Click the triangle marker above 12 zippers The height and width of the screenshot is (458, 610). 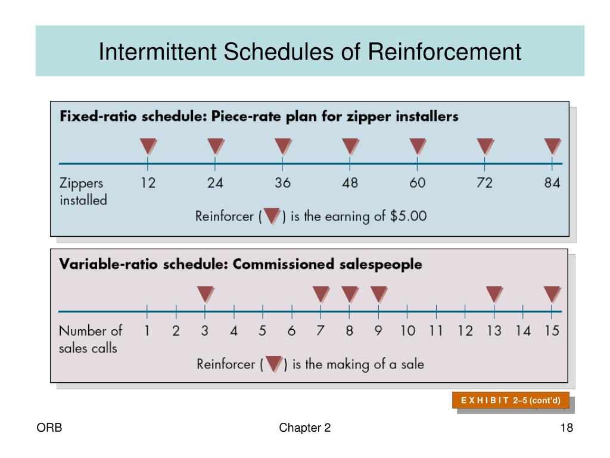pyautogui.click(x=148, y=147)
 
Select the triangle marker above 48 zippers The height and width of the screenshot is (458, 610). pyautogui.click(x=350, y=147)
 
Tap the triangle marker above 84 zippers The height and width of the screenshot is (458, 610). pyautogui.click(x=552, y=147)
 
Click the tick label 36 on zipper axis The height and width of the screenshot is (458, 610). pyautogui.click(x=283, y=182)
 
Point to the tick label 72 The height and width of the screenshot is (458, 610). pyautogui.click(x=485, y=182)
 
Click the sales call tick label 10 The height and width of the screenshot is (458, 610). pyautogui.click(x=407, y=330)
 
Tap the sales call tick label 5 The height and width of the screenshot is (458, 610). pyautogui.click(x=263, y=330)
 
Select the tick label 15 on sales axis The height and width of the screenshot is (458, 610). pyautogui.click(x=552, y=330)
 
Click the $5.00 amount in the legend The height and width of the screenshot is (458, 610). pyautogui.click(x=409, y=216)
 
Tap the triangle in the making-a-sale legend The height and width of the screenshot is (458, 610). pyautogui.click(x=273, y=364)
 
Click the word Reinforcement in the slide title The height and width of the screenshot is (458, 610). pyautogui.click(x=444, y=51)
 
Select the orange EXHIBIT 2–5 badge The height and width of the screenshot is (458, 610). pyautogui.click(x=511, y=400)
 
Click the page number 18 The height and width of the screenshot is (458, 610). pyautogui.click(x=567, y=428)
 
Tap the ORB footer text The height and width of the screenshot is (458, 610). pyautogui.click(x=49, y=428)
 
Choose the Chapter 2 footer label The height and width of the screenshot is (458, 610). pyautogui.click(x=304, y=428)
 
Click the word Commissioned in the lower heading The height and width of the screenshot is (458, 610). pyautogui.click(x=284, y=264)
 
